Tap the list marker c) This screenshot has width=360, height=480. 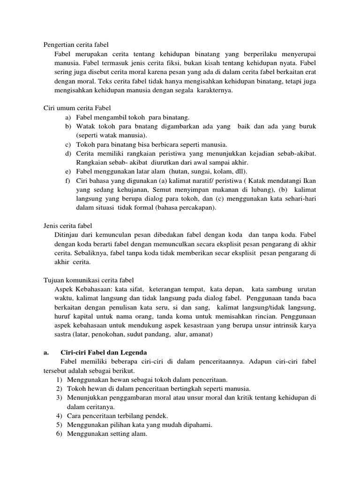pyautogui.click(x=68, y=144)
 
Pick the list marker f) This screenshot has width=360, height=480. pyautogui.click(x=68, y=181)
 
